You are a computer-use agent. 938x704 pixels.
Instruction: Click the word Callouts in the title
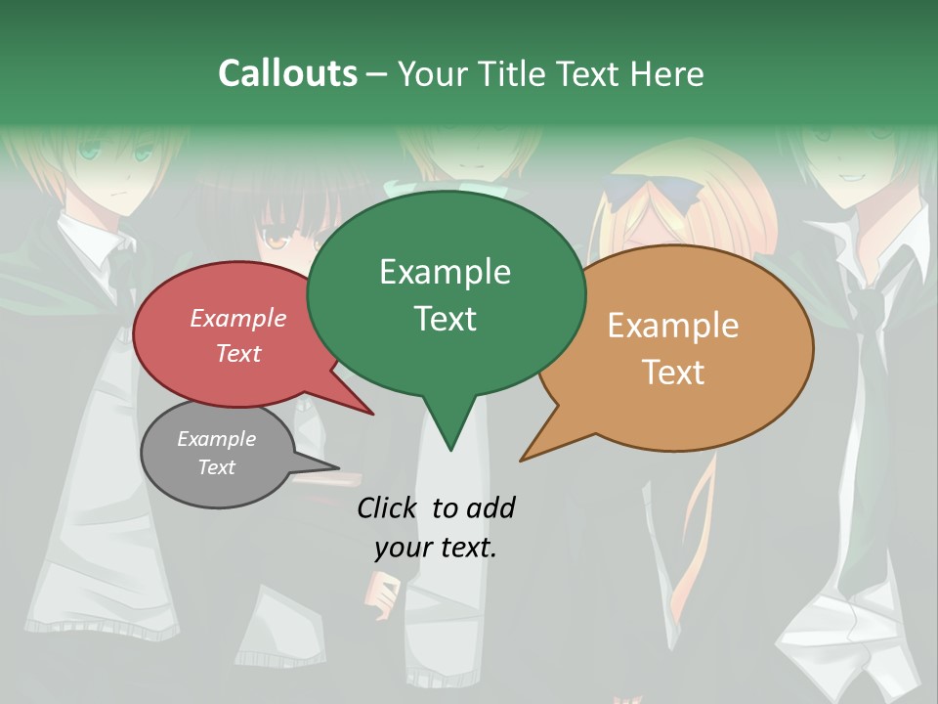(287, 73)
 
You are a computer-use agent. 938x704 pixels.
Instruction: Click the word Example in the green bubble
(445, 272)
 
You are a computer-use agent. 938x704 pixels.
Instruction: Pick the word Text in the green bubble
(445, 319)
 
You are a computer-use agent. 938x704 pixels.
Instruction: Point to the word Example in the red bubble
(237, 318)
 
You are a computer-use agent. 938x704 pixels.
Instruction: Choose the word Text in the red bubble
(237, 353)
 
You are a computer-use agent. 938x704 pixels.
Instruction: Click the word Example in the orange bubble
(673, 326)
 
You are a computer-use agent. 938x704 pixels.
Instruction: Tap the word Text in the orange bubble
(673, 373)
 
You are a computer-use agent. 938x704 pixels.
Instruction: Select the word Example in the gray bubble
(216, 439)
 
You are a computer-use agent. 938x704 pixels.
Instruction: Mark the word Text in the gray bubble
(216, 467)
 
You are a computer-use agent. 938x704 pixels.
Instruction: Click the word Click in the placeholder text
(389, 507)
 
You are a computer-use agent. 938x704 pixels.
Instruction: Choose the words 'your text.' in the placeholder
(435, 548)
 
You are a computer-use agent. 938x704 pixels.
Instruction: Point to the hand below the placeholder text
(383, 591)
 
